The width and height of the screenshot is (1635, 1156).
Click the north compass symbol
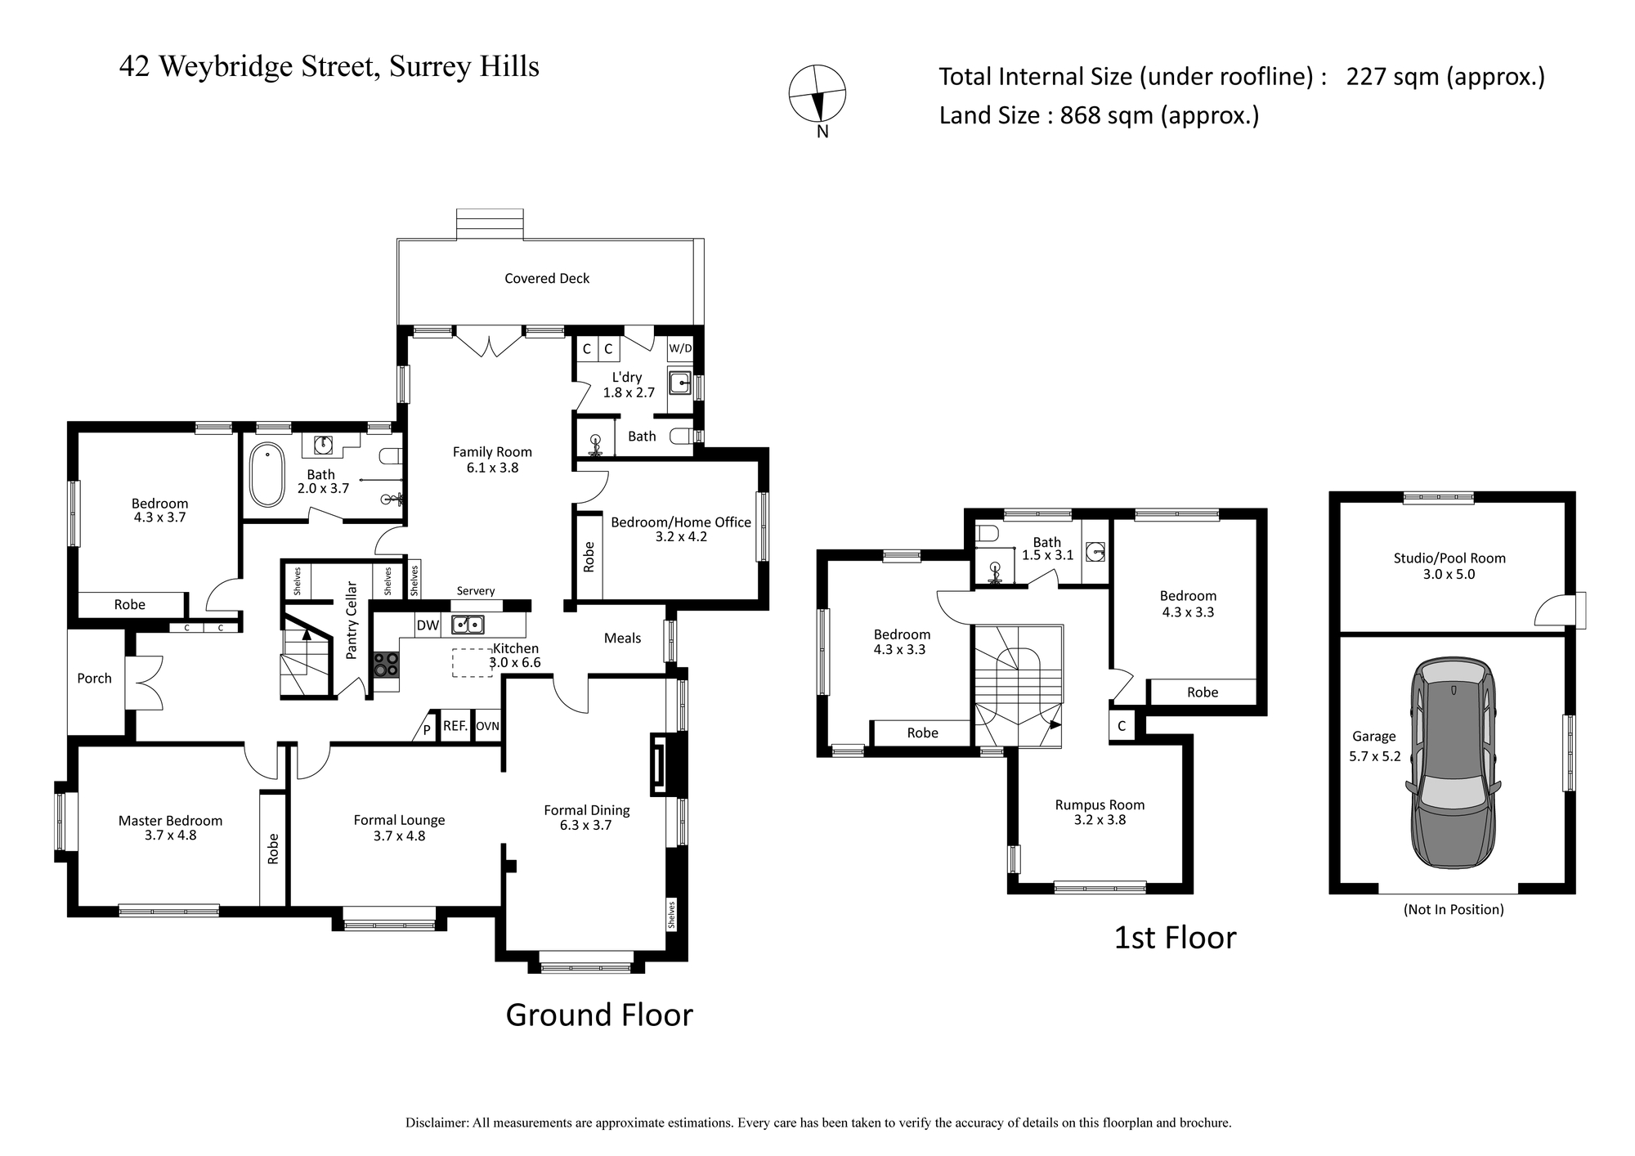coord(817,94)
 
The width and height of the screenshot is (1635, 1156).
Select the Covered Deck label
coord(547,278)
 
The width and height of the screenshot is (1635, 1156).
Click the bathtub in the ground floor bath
coord(267,475)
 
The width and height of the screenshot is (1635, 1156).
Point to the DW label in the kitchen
coord(428,625)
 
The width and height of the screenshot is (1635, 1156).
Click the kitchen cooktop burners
coord(387,664)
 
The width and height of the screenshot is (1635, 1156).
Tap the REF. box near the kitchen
coord(455,725)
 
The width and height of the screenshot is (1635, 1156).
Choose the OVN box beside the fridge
coord(487,725)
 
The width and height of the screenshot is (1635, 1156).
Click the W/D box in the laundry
coord(680,348)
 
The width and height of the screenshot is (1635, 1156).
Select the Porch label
coord(94,678)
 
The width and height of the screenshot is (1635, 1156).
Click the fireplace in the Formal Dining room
coord(659,764)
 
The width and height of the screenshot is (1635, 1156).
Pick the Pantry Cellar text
coord(352,620)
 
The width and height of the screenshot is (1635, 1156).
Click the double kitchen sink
coord(468,625)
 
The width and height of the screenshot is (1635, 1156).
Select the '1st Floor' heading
coord(1176,938)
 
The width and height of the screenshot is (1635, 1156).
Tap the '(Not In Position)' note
coord(1454,909)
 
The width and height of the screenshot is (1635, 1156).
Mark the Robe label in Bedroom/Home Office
coord(589,556)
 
